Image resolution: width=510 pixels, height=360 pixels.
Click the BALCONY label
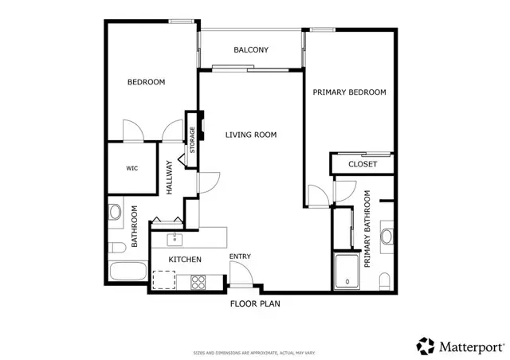click(250, 50)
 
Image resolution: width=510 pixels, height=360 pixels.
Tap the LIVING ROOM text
click(250, 135)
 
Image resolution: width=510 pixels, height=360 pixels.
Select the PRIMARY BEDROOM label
click(349, 92)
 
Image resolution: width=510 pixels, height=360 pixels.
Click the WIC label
click(132, 169)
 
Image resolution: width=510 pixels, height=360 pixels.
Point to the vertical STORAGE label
click(192, 139)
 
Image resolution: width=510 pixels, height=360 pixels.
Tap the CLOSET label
click(363, 164)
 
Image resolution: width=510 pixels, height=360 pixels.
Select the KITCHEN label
click(184, 260)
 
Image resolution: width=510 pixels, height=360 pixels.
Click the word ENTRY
click(240, 256)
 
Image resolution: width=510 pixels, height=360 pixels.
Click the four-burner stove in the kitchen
click(198, 280)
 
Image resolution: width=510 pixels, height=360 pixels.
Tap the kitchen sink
click(173, 238)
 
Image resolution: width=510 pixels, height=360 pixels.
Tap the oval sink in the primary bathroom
click(386, 237)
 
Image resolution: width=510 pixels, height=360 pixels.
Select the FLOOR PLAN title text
click(255, 303)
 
